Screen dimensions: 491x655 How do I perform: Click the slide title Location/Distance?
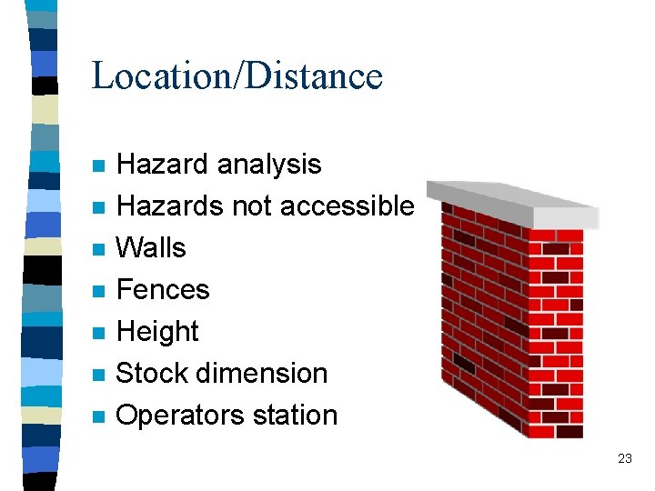237,75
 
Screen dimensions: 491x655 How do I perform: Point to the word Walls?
151,248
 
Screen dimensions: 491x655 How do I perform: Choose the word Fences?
163,290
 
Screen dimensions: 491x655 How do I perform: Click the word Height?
157,332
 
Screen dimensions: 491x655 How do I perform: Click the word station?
297,416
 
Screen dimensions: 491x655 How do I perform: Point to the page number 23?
624,459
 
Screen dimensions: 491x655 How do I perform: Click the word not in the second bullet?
254,206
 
